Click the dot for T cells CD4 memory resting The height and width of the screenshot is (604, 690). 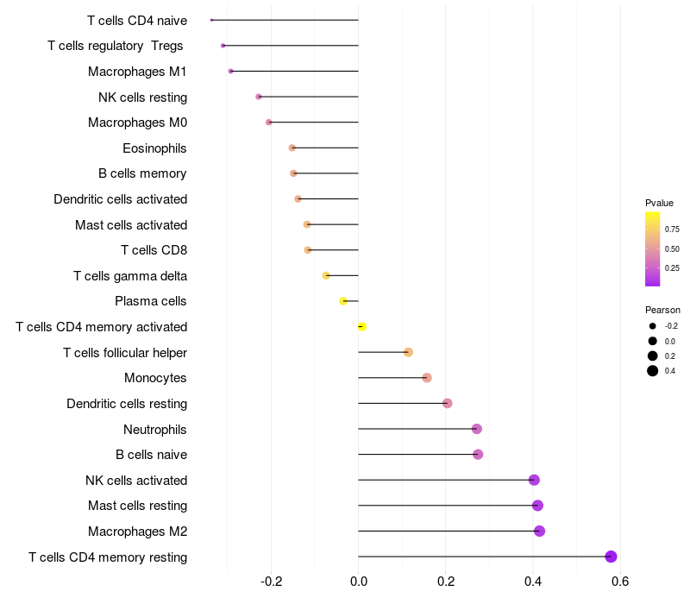(612, 557)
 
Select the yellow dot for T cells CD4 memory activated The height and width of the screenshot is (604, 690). (362, 327)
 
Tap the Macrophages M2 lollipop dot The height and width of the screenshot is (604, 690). (539, 531)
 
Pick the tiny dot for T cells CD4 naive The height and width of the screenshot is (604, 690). (211, 20)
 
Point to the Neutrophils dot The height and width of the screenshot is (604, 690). (476, 429)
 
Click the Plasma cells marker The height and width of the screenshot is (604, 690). (343, 301)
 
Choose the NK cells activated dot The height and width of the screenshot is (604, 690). (534, 480)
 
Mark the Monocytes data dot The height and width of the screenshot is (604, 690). (427, 378)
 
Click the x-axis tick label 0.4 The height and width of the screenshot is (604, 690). (532, 581)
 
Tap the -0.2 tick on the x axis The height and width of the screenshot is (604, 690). (271, 581)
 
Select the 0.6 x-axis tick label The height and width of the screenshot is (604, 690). (619, 581)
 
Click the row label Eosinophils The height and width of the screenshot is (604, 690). (154, 148)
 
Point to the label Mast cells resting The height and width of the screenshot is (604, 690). (137, 506)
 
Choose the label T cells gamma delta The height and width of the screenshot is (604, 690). (130, 276)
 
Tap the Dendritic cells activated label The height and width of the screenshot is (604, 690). (120, 199)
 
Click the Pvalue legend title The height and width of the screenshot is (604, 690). (659, 203)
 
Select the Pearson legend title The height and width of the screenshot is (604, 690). (662, 310)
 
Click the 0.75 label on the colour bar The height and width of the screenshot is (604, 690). (672, 230)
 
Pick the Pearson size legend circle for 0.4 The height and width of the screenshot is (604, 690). (653, 371)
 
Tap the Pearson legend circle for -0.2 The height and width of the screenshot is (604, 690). (653, 326)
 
